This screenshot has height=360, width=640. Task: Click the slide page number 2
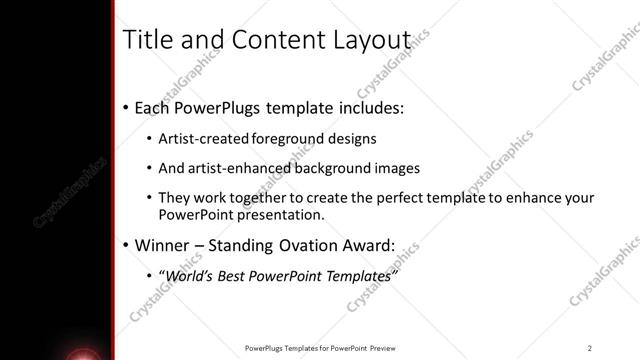point(590,348)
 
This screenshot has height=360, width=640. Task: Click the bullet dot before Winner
point(125,245)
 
